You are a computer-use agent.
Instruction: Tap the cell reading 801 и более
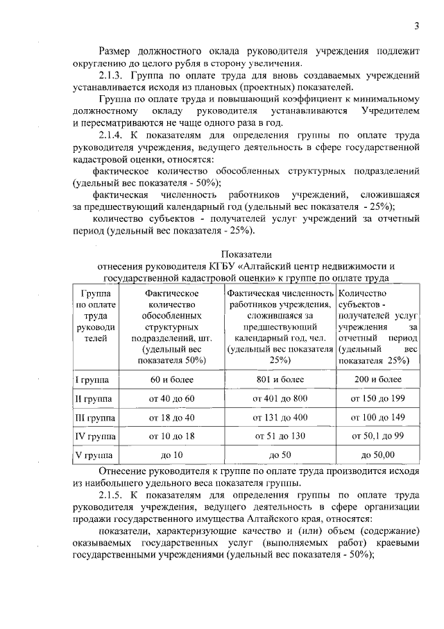point(280,379)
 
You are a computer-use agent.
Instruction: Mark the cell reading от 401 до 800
point(280,399)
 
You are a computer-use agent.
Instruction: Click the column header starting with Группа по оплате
point(96,316)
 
